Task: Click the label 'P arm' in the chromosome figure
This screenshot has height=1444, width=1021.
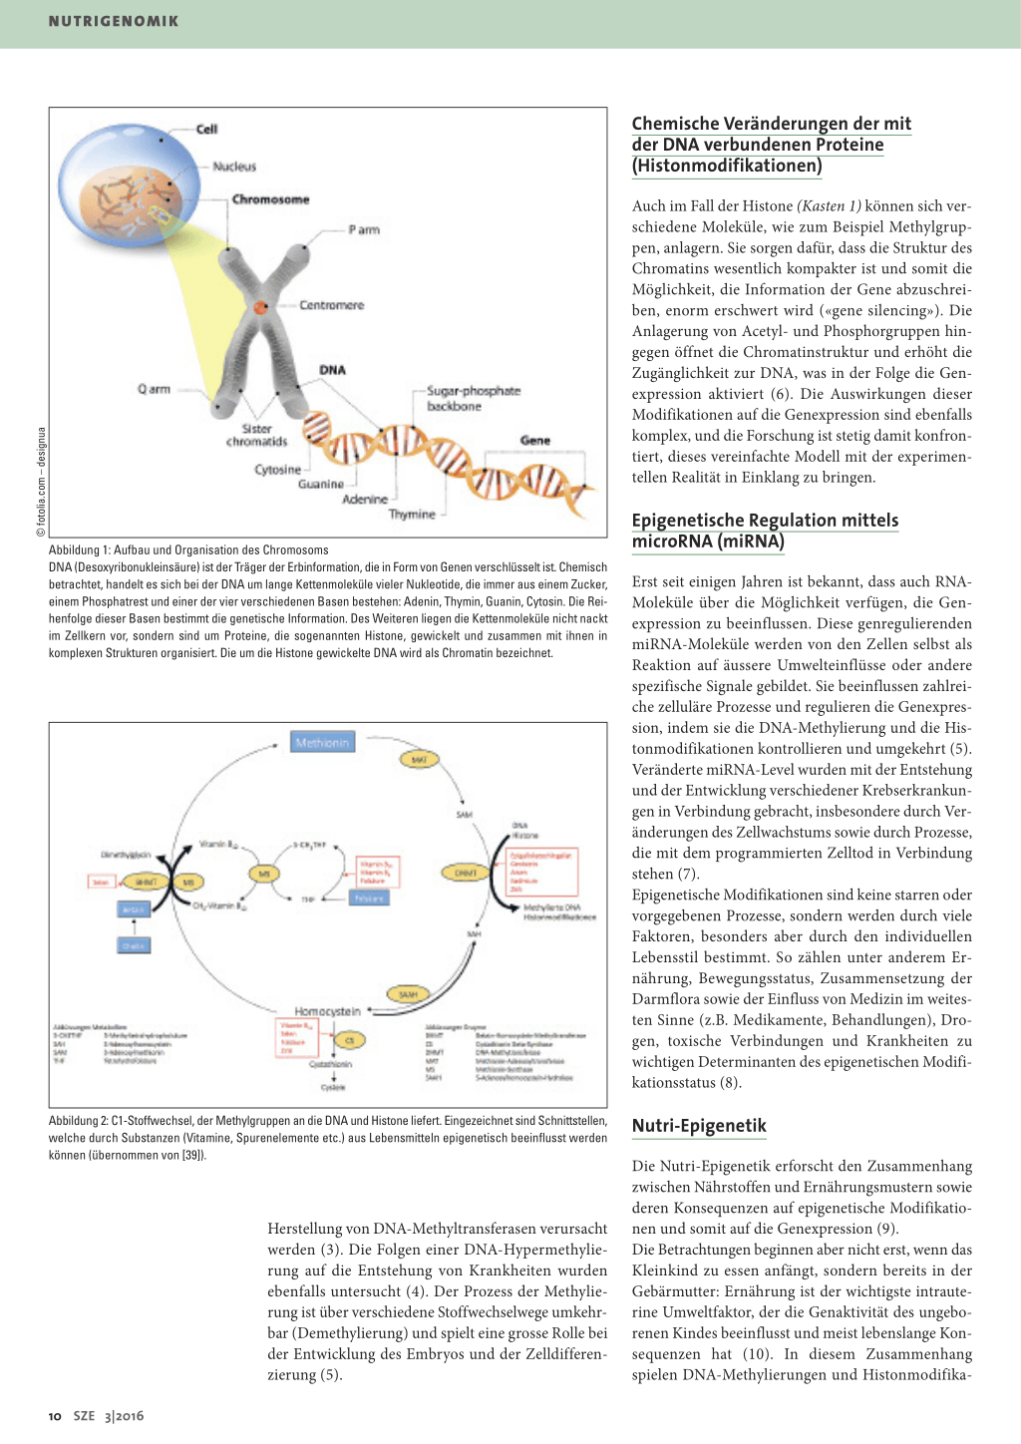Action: coord(364,229)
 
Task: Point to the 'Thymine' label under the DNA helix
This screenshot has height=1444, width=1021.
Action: coord(412,515)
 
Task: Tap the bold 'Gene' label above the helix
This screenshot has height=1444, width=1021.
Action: coord(534,440)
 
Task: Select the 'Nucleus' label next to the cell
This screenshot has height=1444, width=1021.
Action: coord(234,167)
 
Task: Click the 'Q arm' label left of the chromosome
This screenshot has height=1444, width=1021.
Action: coord(154,389)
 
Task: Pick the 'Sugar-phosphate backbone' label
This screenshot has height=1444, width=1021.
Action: coord(473,398)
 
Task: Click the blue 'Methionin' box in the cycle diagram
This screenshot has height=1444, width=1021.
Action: coord(322,743)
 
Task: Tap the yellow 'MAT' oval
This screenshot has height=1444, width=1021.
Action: coord(419,760)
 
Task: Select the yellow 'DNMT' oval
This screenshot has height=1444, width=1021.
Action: coord(466,874)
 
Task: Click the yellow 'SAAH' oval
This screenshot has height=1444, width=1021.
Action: coord(408,994)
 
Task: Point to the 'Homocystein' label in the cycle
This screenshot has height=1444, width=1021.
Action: coord(327,1011)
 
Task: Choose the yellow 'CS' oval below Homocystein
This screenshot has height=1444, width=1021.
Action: coord(349,1040)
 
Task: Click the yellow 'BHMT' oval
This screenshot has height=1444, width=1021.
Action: coord(146,883)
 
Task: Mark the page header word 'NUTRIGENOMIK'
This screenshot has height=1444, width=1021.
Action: coord(114,21)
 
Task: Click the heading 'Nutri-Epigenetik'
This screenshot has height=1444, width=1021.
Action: coord(699,1126)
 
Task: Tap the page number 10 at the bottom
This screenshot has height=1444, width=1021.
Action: coord(55,1416)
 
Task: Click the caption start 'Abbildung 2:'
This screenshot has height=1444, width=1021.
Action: coord(79,1121)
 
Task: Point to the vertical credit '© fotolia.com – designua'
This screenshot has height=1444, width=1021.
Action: coord(41,481)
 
